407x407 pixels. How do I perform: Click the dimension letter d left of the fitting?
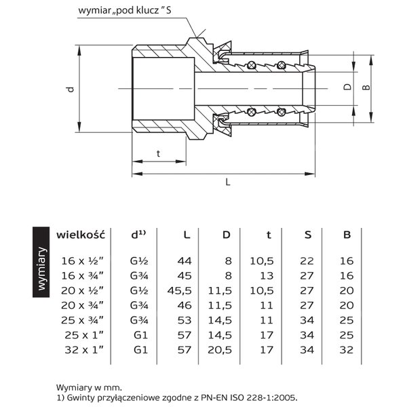pos(71,89)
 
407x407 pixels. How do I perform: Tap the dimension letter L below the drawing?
pos(228,182)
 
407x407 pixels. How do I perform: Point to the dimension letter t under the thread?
pos(158,153)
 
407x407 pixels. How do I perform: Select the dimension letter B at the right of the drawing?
pos(366,88)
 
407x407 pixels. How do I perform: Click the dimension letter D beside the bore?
pos(347,87)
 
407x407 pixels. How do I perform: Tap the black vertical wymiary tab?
pos(41,262)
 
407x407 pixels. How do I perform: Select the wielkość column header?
pos(81,235)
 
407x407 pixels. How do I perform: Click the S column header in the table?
pos(307,235)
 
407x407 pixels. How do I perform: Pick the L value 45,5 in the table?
pos(179,291)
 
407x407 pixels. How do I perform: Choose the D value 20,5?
pos(220,350)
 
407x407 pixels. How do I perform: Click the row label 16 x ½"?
pos(82,260)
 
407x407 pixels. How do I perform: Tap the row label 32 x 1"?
pos(84,350)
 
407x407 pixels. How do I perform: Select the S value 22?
pos(307,261)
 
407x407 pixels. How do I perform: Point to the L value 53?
pos(185,320)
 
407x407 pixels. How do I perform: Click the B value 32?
pos(347,350)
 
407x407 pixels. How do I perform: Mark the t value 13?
pos(267,275)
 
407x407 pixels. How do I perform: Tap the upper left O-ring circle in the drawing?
pos(252,65)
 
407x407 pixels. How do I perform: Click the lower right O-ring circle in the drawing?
pos(281,112)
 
